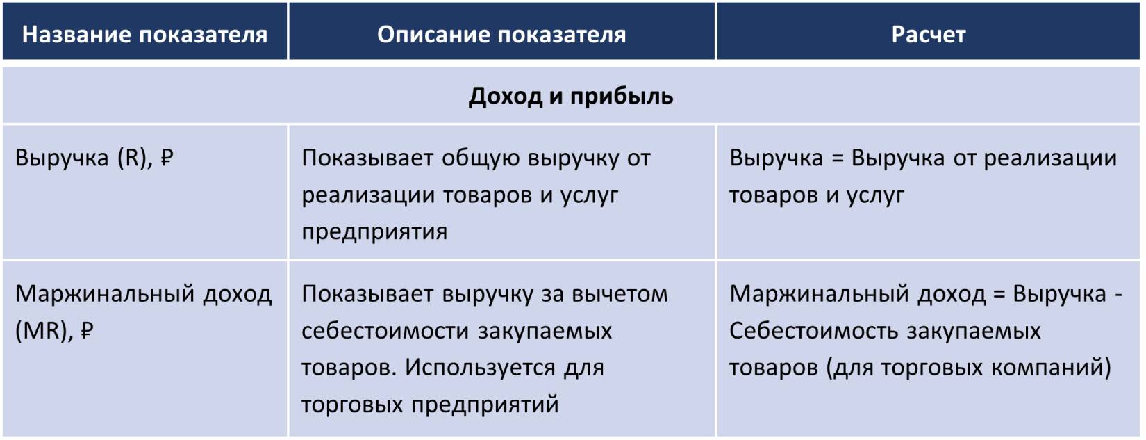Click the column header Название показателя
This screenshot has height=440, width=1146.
point(144,34)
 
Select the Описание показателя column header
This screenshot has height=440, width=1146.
point(501,34)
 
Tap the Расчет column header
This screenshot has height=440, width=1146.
point(928,34)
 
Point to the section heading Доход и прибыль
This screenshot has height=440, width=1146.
point(571,97)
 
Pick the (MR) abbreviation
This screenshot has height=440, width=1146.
point(45,331)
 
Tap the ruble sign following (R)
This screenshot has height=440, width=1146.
point(167,158)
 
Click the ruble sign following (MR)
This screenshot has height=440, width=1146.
point(87,331)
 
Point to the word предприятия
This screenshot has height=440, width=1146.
point(374,232)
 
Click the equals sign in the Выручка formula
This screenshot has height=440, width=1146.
point(837,158)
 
